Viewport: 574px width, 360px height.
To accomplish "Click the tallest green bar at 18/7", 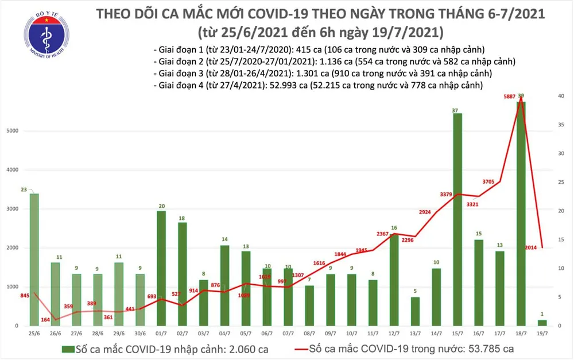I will coord(521,212).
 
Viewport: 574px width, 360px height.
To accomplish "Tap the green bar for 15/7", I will coord(457,218).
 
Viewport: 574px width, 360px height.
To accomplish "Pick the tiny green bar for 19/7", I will coord(541,322).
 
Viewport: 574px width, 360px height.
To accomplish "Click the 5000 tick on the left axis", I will coord(13,131).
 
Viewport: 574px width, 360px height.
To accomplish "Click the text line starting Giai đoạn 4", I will coord(319,85).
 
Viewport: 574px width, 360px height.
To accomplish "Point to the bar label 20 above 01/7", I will coord(162,206).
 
